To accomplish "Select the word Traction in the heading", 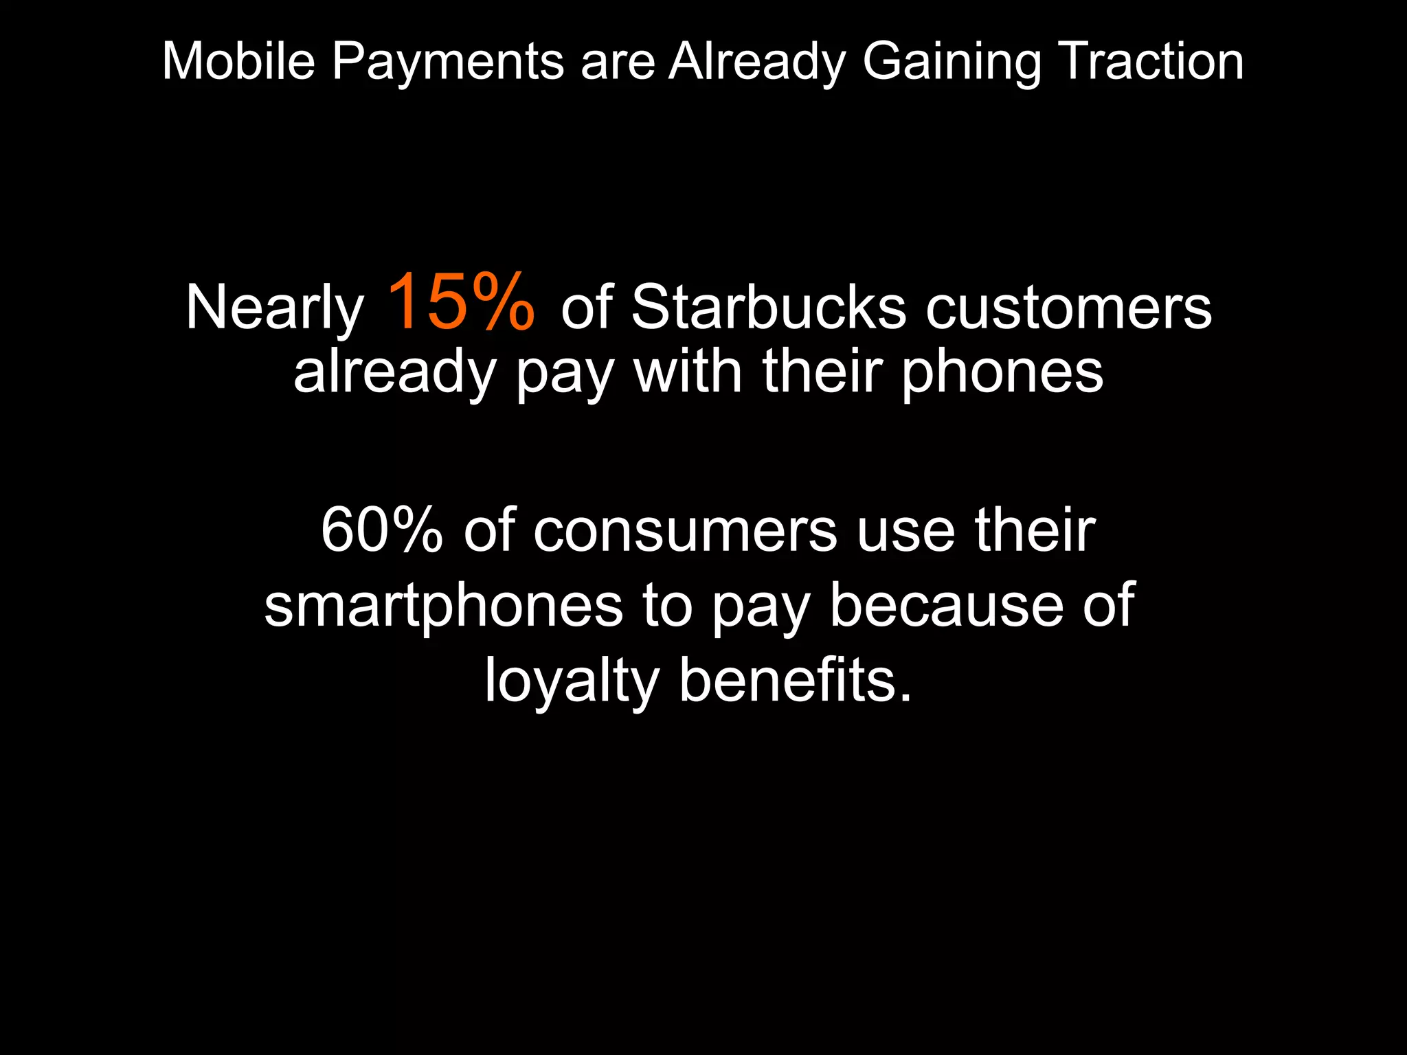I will tap(1150, 62).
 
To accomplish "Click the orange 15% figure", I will tap(460, 302).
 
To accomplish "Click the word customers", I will tap(1068, 308).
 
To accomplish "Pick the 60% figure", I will tap(382, 530).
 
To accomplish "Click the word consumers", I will tap(685, 531).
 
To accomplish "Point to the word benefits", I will tap(796, 680).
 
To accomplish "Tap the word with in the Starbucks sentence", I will tap(688, 372).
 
